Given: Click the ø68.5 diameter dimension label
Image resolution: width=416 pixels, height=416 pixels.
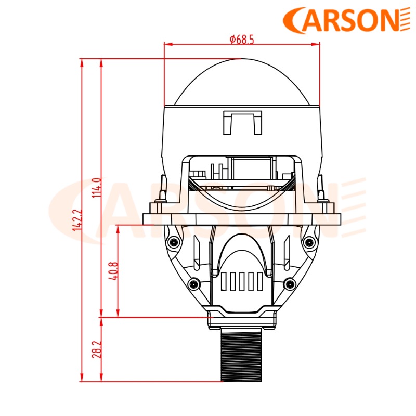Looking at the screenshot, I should click(x=241, y=40).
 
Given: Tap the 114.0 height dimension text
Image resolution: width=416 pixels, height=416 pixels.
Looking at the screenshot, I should click(x=96, y=188).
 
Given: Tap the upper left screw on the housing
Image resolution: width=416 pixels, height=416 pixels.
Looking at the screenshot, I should click(x=172, y=242).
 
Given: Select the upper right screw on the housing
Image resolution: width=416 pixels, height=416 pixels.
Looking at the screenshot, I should click(x=310, y=242).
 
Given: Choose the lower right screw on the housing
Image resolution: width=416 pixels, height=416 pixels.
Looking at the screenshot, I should click(x=289, y=284).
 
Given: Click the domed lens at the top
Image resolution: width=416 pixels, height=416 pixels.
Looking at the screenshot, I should click(x=241, y=83).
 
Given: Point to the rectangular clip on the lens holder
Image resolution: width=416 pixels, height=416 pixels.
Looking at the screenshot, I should click(x=242, y=121).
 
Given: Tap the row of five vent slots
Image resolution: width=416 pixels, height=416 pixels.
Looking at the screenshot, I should click(x=242, y=281).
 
